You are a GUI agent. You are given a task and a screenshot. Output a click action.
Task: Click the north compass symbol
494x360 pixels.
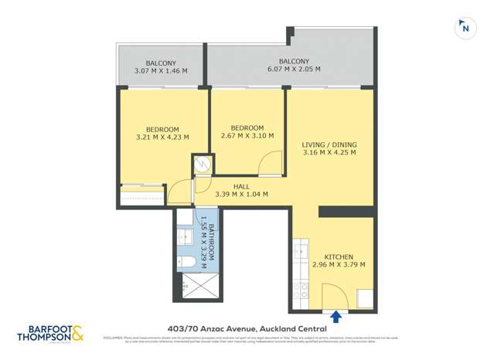[465, 29]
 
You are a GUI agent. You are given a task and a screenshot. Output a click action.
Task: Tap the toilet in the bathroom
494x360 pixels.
[186, 263]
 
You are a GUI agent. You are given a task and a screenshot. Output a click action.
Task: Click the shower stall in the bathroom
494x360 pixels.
[197, 290]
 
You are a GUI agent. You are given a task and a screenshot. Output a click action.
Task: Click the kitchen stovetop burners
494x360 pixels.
[301, 290]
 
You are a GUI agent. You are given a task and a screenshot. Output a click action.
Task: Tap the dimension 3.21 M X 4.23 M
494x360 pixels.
[162, 137]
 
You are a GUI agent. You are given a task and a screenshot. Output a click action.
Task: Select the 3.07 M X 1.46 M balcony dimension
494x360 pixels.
[162, 70]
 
